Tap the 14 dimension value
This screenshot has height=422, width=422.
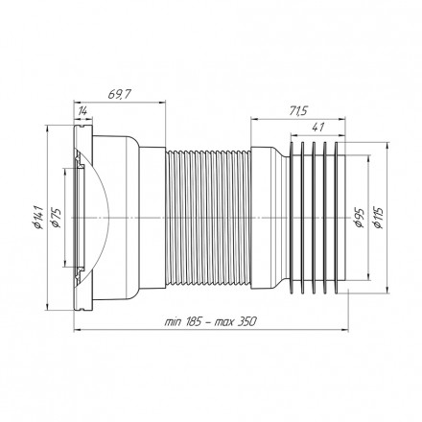pyautogui.click(x=82, y=111)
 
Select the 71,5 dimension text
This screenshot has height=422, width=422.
pyautogui.click(x=298, y=111)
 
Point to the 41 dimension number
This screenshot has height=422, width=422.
pyautogui.click(x=318, y=127)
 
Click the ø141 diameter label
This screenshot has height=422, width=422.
pyautogui.click(x=38, y=217)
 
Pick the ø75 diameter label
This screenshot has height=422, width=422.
pyautogui.click(x=56, y=217)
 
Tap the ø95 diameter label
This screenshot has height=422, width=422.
pyautogui.click(x=360, y=218)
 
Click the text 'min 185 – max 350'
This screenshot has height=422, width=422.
pyautogui.click(x=210, y=321)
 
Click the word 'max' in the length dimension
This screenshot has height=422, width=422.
pyautogui.click(x=223, y=322)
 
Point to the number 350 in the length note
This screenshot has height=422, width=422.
pyautogui.click(x=247, y=321)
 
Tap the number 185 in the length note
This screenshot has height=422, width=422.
pyautogui.click(x=193, y=321)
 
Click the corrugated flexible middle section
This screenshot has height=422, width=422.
pyautogui.click(x=208, y=218)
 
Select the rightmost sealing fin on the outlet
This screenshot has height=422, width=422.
pyautogui.click(x=336, y=218)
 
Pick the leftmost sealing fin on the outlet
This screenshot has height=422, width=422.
pyautogui.click(x=292, y=218)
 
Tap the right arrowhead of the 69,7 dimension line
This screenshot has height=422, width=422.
pyautogui.click(x=163, y=103)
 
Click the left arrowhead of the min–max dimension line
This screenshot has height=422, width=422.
pyautogui.click(x=78, y=330)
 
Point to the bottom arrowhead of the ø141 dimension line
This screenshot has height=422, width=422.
pyautogui.click(x=47, y=306)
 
